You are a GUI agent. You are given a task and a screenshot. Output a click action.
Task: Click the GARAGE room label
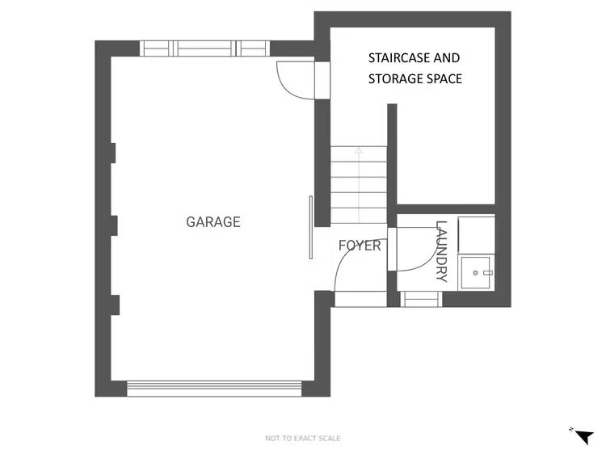[213, 222]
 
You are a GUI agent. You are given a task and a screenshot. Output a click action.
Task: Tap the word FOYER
[359, 246]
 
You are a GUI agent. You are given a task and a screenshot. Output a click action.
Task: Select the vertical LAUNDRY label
[441, 251]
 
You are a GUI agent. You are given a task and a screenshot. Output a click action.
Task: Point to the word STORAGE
[398, 79]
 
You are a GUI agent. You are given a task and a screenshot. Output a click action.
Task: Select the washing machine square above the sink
[476, 234]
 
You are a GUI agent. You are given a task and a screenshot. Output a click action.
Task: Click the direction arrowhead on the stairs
[359, 149]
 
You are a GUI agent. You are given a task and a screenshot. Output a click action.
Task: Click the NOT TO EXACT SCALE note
[303, 439]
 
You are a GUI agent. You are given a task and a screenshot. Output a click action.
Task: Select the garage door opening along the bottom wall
[216, 389]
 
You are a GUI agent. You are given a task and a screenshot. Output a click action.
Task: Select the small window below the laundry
[421, 300]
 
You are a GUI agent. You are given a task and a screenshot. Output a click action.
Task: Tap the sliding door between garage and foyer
[310, 228]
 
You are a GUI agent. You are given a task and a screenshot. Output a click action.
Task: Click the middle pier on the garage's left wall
[114, 225]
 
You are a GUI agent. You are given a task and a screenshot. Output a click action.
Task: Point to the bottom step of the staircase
[359, 217]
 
